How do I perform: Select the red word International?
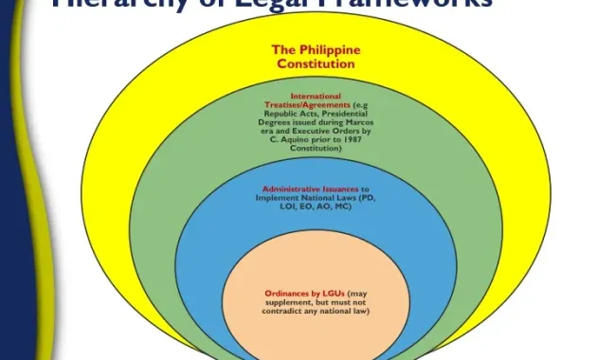click(x=316, y=96)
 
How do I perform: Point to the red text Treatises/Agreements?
click(x=294, y=105)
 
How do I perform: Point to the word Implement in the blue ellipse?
click(x=274, y=197)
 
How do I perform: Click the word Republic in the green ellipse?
click(x=275, y=114)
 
